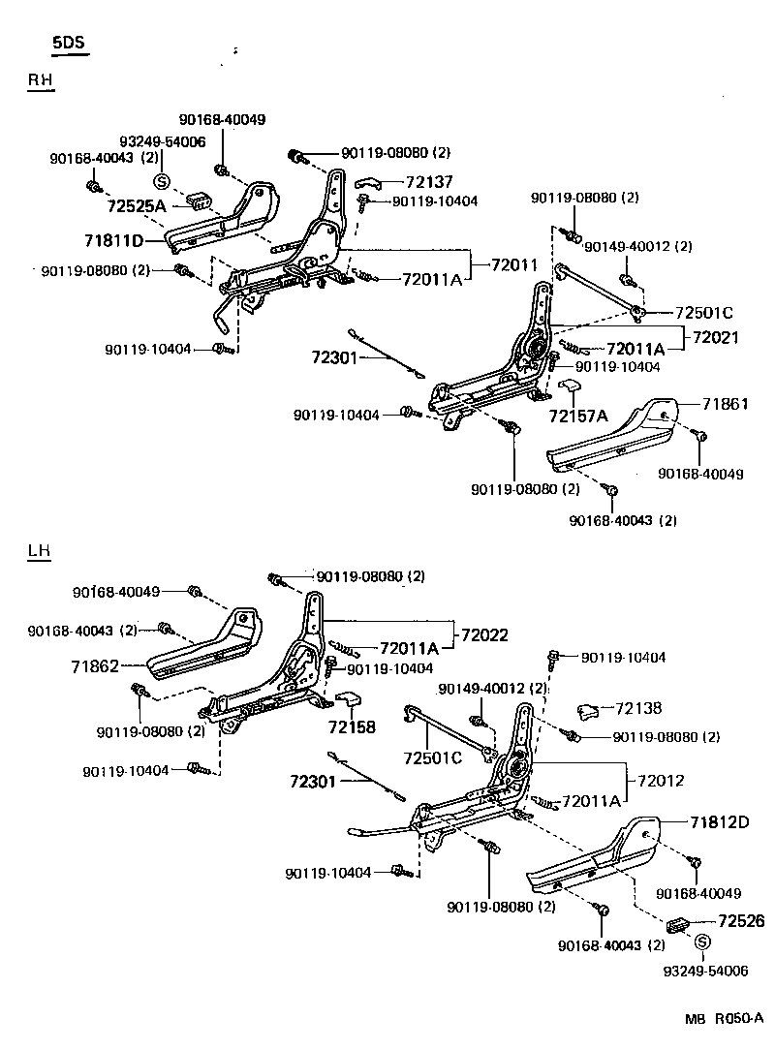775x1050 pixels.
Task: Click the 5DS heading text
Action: click(x=69, y=44)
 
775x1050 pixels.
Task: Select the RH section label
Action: click(x=40, y=82)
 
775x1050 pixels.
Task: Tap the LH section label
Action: click(x=39, y=551)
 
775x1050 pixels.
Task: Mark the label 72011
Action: click(x=514, y=264)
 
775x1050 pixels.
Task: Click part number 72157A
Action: click(x=577, y=416)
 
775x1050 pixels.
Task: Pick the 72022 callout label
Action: click(x=484, y=634)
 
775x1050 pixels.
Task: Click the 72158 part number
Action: click(x=351, y=726)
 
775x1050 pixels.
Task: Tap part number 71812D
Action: click(x=720, y=822)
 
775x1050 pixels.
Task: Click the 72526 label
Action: click(x=741, y=921)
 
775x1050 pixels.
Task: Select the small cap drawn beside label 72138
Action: click(x=587, y=712)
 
